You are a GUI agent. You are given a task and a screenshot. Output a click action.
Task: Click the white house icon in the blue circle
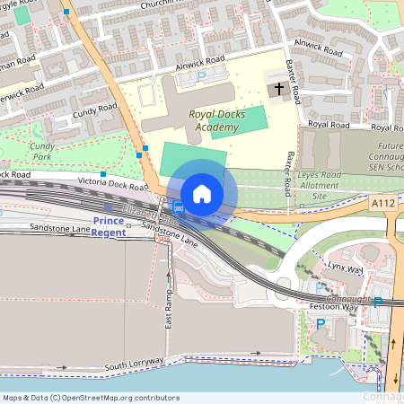202,193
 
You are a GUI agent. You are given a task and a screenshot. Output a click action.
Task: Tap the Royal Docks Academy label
214,120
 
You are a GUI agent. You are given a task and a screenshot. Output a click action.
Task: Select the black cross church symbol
279,90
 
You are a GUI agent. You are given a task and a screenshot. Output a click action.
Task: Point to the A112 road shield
382,204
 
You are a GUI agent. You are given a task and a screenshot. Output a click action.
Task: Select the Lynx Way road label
342,268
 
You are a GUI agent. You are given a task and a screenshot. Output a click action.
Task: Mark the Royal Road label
328,124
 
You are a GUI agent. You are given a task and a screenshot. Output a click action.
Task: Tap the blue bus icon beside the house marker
178,208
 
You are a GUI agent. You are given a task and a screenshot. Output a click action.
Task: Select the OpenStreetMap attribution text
91,397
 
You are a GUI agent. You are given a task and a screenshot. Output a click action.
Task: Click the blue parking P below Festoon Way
321,324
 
